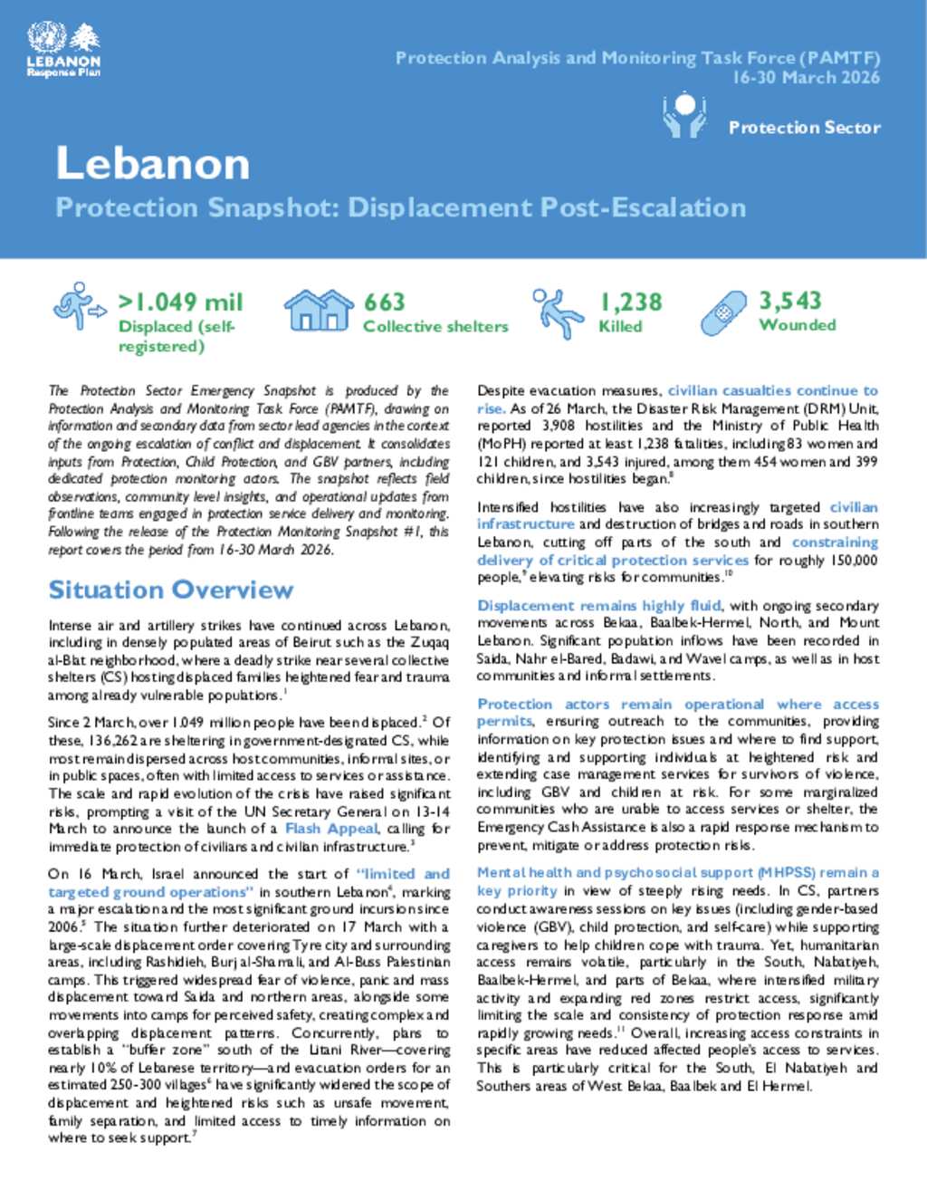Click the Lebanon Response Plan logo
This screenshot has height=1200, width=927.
pyautogui.click(x=63, y=50)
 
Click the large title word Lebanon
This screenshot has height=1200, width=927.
pyautogui.click(x=152, y=164)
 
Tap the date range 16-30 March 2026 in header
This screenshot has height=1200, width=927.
pyautogui.click(x=806, y=78)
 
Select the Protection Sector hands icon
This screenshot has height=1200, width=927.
pyautogui.click(x=684, y=115)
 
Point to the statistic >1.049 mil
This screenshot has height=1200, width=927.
pyautogui.click(x=180, y=302)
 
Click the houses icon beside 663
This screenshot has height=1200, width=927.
pyautogui.click(x=318, y=311)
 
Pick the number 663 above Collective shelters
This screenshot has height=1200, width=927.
pyautogui.click(x=385, y=302)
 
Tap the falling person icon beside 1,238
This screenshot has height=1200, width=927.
pyautogui.click(x=558, y=313)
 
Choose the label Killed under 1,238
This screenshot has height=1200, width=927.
pyautogui.click(x=620, y=326)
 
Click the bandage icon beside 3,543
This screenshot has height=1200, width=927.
pyautogui.click(x=724, y=312)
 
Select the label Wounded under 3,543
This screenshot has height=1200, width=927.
pyautogui.click(x=797, y=325)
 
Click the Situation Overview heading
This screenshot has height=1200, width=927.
pyautogui.click(x=171, y=590)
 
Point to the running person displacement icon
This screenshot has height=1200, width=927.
pyautogui.click(x=79, y=305)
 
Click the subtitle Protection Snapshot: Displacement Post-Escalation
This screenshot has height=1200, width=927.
pyautogui.click(x=400, y=208)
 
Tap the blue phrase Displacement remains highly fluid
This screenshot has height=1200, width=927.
pyautogui.click(x=599, y=606)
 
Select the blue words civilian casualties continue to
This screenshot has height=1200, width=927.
pyautogui.click(x=772, y=391)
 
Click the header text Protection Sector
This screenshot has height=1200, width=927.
pyautogui.click(x=804, y=128)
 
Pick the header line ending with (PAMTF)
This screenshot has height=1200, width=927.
pyautogui.click(x=637, y=58)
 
